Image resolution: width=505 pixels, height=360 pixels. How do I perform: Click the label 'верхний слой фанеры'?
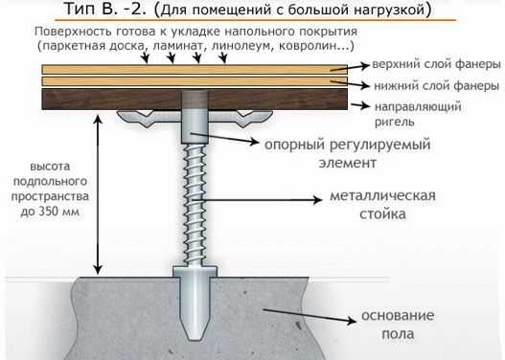[x=436, y=65]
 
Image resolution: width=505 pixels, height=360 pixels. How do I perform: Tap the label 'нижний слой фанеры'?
[x=436, y=86]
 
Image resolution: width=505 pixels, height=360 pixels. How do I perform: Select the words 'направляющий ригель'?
[x=418, y=114]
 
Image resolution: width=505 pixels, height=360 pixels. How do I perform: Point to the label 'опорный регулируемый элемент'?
[x=348, y=153]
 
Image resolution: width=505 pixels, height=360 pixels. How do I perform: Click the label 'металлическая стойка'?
[x=382, y=205]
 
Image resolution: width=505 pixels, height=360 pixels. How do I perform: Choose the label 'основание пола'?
[x=398, y=325]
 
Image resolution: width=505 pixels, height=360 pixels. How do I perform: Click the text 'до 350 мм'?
[x=50, y=212]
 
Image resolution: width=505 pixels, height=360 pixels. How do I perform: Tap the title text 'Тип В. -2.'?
[x=105, y=9]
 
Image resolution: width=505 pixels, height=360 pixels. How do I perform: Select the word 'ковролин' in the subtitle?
[x=308, y=46]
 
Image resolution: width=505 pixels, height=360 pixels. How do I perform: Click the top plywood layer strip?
[x=195, y=69]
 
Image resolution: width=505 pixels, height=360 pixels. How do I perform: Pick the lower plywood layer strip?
[x=195, y=81]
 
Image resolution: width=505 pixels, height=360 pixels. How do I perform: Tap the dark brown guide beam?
[x=195, y=99]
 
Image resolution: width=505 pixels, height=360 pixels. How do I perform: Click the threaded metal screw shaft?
[x=195, y=205]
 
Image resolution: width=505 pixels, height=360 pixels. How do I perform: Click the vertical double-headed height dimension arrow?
[x=99, y=195]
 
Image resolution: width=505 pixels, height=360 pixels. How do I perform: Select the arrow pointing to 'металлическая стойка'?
[x=257, y=200]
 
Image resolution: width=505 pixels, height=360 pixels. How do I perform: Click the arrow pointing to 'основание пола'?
[x=310, y=316]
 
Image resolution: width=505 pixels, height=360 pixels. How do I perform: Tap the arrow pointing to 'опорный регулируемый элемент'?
[x=225, y=137]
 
